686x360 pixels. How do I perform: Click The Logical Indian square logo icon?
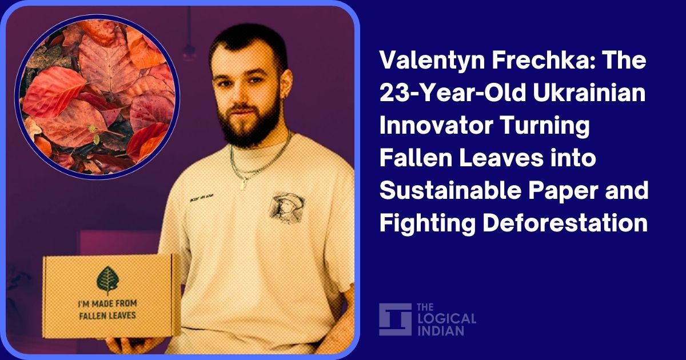coord(395,319)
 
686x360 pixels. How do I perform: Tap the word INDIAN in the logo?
coord(441,330)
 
